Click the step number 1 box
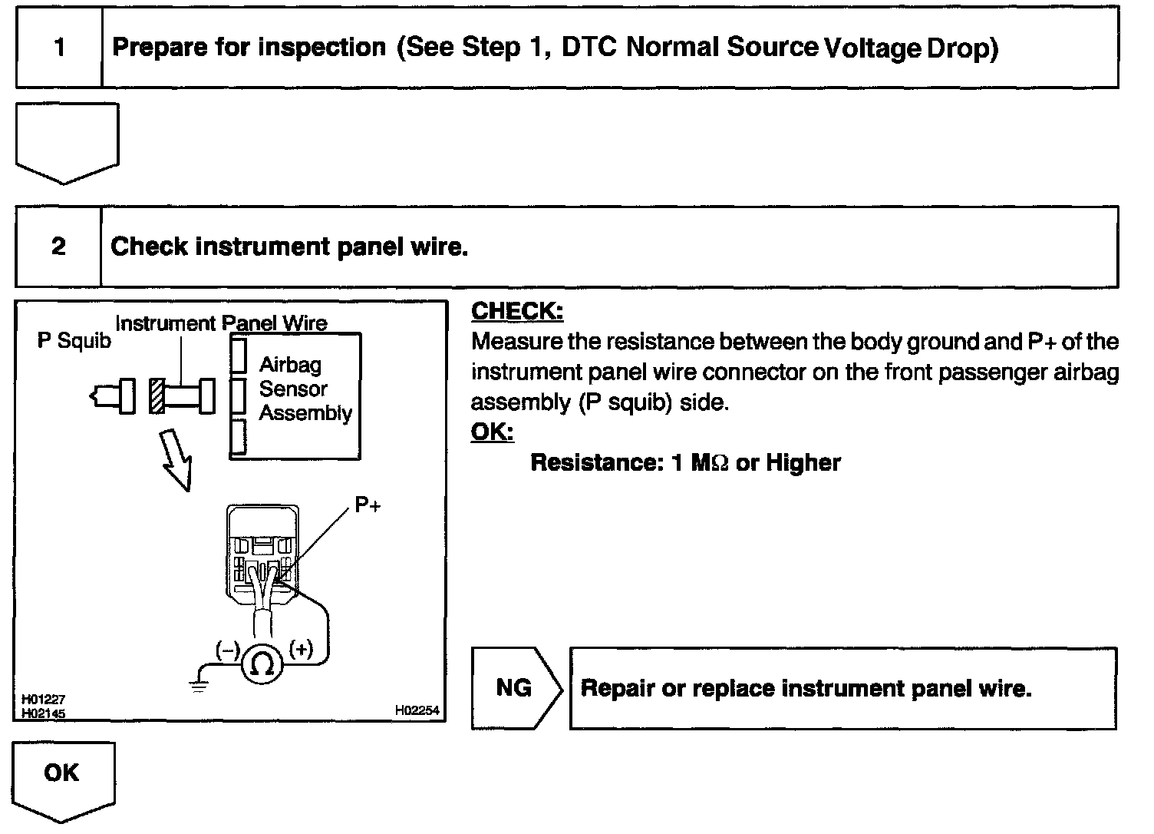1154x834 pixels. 59,48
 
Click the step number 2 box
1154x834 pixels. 58,247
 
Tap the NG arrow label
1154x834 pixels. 513,687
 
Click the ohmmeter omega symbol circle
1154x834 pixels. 262,664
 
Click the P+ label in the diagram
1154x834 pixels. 367,505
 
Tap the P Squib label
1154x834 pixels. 74,340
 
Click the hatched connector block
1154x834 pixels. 157,396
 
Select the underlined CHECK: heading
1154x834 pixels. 516,311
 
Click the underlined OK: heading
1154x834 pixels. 491,432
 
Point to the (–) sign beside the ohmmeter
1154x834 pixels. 227,650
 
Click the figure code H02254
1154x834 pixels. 417,710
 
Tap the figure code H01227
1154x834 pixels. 43,700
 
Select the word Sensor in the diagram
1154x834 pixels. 293,389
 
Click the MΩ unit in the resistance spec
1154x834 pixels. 709,463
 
